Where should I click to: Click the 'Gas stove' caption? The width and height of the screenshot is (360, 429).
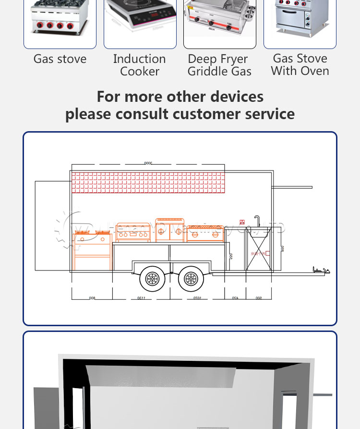pyautogui.click(x=60, y=59)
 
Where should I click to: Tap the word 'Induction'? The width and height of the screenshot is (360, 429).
pyautogui.click(x=139, y=59)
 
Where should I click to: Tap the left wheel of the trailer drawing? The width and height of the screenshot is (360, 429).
pyautogui.click(x=152, y=278)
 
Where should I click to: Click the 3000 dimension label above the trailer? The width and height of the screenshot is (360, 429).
pyautogui.click(x=148, y=163)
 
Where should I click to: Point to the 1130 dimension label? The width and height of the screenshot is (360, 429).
pyautogui.click(x=141, y=298)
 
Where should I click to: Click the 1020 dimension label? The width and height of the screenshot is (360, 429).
pyautogui.click(x=197, y=298)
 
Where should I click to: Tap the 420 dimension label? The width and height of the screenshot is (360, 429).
pyautogui.click(x=235, y=298)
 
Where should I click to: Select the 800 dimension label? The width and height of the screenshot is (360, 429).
pyautogui.click(x=91, y=298)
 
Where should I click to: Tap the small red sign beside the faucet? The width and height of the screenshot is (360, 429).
pyautogui.click(x=243, y=222)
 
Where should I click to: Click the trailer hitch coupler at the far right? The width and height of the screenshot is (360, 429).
pyautogui.click(x=321, y=271)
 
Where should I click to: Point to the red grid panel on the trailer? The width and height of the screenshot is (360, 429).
pyautogui.click(x=148, y=183)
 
